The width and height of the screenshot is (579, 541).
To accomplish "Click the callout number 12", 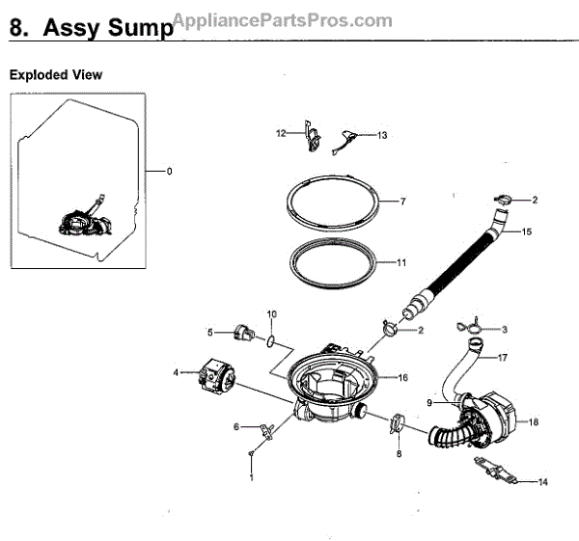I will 282,133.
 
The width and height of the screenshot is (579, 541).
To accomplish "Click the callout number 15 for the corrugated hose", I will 527,231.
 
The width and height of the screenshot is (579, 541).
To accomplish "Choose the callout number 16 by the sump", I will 402,378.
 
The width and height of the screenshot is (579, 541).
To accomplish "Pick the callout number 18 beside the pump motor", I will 534,421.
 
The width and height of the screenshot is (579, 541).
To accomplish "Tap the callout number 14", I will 543,481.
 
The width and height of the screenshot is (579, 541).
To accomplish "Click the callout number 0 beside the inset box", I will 169,172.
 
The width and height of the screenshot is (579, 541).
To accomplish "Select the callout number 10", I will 271,314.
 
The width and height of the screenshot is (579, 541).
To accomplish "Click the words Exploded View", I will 55,74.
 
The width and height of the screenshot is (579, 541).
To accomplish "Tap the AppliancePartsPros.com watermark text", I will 282,20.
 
